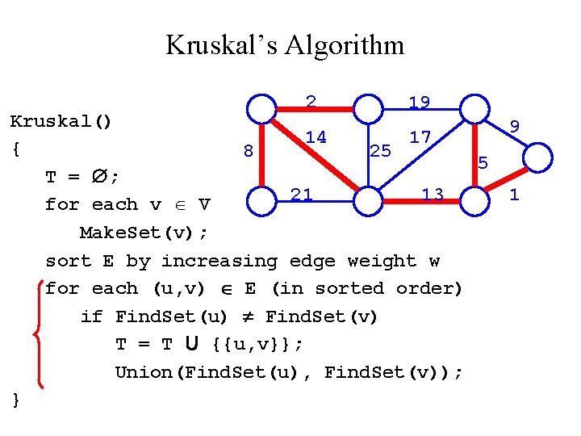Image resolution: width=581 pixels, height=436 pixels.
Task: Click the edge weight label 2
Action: pyautogui.click(x=311, y=102)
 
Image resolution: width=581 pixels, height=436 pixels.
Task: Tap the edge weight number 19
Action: pyautogui.click(x=419, y=103)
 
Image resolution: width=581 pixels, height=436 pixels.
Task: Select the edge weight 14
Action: pyautogui.click(x=316, y=137)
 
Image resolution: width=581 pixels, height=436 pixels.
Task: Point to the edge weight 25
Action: pyautogui.click(x=379, y=150)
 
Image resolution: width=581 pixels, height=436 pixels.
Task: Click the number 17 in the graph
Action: pyautogui.click(x=420, y=137)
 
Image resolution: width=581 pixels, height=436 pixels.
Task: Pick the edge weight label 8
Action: pyautogui.click(x=249, y=150)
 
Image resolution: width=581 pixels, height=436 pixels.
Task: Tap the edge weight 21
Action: pyautogui.click(x=301, y=194)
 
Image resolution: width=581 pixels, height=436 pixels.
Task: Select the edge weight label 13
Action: pyautogui.click(x=433, y=194)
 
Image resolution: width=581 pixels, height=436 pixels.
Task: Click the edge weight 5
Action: pyautogui.click(x=483, y=163)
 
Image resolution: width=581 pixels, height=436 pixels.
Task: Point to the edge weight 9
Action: pyautogui.click(x=514, y=125)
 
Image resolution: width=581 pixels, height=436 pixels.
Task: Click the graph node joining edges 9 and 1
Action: pyautogui.click(x=537, y=154)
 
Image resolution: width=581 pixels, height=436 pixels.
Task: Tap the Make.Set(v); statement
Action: pyautogui.click(x=144, y=233)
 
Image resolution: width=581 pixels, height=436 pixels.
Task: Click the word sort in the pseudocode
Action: pyautogui.click(x=69, y=261)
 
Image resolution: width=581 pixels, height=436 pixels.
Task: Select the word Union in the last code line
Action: pyautogui.click(x=141, y=372)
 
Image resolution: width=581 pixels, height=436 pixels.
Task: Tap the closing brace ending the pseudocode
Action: pyautogui.click(x=16, y=399)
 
